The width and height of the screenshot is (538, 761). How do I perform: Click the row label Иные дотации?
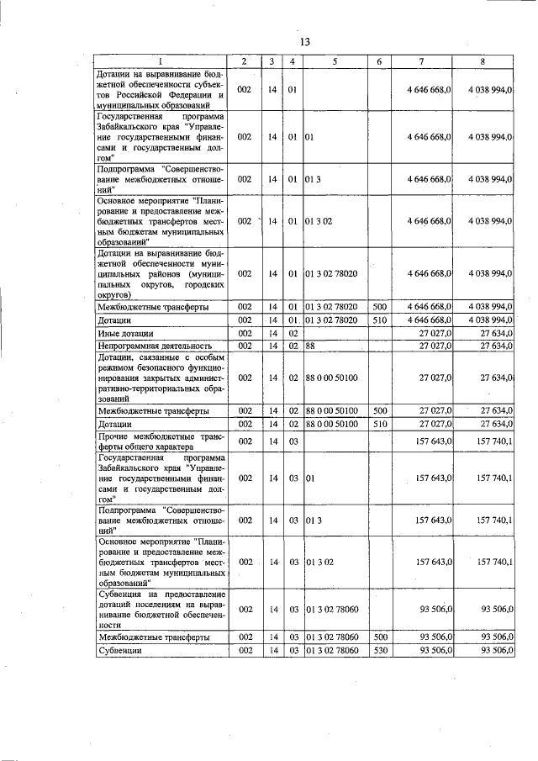pos(123,333)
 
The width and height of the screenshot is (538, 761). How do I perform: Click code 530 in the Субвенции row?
pos(379,651)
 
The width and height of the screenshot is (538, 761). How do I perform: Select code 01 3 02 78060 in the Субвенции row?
pos(331,651)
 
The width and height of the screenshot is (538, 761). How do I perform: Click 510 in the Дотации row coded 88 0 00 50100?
pos(379,423)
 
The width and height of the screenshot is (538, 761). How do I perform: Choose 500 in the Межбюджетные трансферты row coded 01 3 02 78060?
pos(379,638)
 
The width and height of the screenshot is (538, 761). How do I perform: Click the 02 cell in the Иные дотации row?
pos(292,333)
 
